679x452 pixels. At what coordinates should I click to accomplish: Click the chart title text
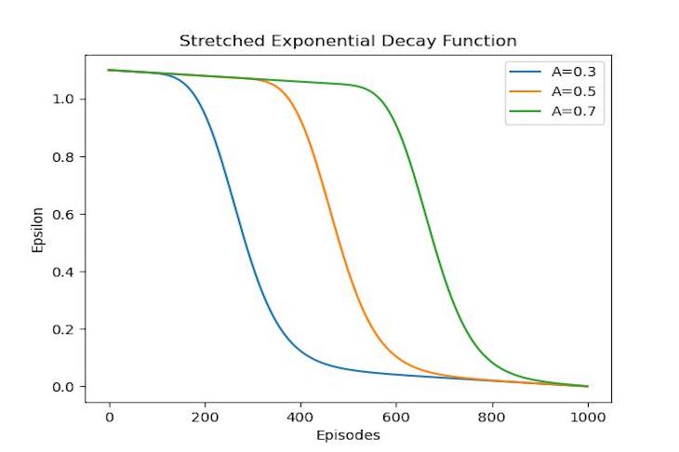[348, 41]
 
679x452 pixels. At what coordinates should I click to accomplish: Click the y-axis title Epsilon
[37, 229]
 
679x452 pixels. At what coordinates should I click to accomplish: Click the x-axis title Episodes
[348, 433]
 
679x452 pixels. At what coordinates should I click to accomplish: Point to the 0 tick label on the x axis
[110, 416]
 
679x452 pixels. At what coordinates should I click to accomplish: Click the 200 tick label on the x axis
[205, 416]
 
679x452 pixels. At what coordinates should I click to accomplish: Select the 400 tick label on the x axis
[300, 416]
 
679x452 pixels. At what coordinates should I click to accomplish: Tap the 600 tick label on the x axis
[396, 416]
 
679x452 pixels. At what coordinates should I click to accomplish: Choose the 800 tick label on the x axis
[492, 416]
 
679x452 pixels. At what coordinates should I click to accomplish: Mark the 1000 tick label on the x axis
[587, 416]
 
